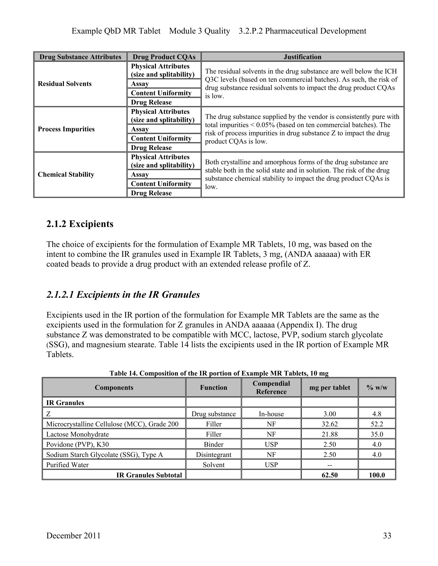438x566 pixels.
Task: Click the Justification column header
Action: [x=302, y=57]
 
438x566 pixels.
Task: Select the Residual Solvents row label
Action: [x=65, y=84]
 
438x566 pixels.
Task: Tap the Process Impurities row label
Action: [x=66, y=129]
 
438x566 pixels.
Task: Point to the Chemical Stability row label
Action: [x=66, y=174]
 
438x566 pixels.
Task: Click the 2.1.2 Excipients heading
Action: [x=80, y=224]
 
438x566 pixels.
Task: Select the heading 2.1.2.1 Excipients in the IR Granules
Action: [x=123, y=295]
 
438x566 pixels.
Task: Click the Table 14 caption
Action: [x=219, y=373]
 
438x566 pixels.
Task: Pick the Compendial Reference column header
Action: [x=271, y=387]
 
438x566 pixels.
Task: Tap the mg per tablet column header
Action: [x=330, y=387]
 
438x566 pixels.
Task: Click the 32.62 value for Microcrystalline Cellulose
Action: [x=330, y=424]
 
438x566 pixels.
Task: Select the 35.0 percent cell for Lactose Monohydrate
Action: [x=377, y=434]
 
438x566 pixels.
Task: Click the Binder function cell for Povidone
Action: [x=214, y=444]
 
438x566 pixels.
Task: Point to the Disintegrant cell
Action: [x=214, y=455]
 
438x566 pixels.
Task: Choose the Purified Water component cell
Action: [x=67, y=465]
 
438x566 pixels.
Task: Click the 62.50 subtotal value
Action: [x=330, y=475]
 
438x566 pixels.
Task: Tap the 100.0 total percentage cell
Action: [x=377, y=475]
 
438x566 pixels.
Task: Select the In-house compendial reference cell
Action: [x=271, y=414]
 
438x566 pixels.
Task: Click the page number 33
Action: [x=387, y=535]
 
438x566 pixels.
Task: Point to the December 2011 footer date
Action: [x=73, y=535]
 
